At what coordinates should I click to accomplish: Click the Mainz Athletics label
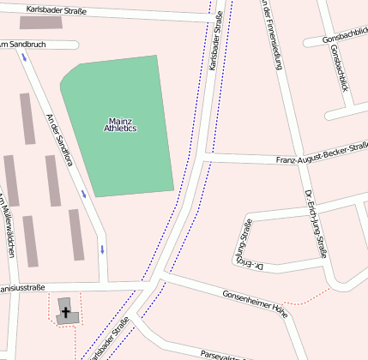coord(119,124)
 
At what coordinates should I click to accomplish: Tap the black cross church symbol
coord(65,313)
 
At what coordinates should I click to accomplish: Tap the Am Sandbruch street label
coord(23,44)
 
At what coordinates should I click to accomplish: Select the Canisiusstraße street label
coord(22,288)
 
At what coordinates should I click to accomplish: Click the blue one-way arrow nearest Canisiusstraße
coord(103,249)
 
